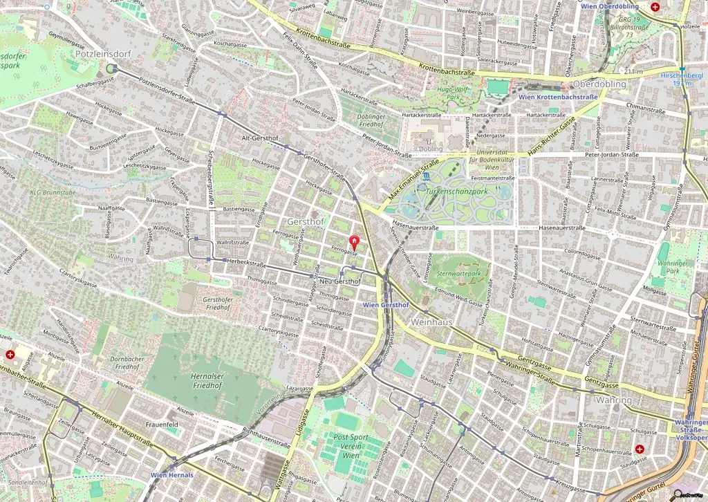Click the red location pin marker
[x=355, y=242]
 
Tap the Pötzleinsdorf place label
[x=97, y=53]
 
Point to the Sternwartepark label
[x=458, y=274]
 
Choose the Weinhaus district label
[x=431, y=322]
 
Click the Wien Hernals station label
[x=172, y=475]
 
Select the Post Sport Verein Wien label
[x=351, y=447]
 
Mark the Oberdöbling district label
[x=599, y=84]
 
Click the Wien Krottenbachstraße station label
[x=557, y=97]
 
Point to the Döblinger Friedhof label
[x=371, y=121]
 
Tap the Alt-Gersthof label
[x=259, y=138]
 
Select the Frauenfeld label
[x=162, y=424]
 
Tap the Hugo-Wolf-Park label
[x=453, y=93]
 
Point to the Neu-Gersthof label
[x=342, y=281]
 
